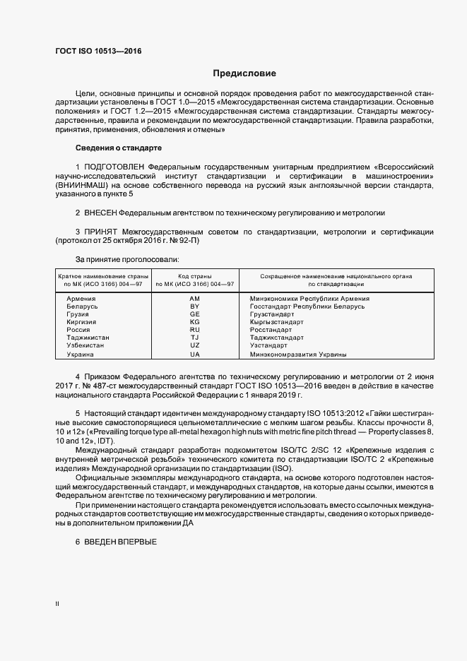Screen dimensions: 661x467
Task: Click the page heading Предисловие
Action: tap(244, 73)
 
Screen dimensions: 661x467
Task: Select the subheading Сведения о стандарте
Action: tap(119, 148)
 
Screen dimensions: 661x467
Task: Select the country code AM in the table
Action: tap(195, 299)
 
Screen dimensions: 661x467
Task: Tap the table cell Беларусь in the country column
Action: tap(83, 306)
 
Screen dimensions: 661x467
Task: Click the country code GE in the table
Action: tap(195, 314)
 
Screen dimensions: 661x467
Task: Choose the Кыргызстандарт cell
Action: tap(277, 322)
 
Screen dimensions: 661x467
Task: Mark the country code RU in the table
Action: tap(195, 330)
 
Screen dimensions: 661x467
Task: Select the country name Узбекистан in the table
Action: tap(85, 345)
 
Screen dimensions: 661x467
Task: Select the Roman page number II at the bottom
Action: tap(57, 604)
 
